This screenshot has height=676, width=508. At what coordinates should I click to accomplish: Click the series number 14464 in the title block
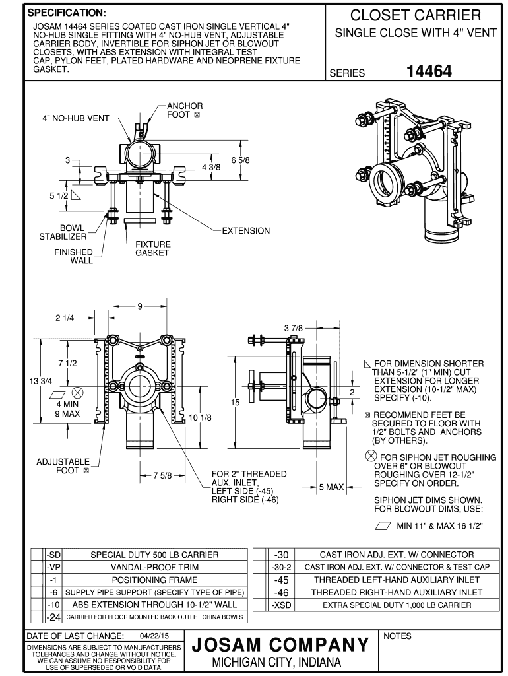429,71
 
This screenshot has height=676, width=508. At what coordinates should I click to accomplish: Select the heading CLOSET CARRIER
416,15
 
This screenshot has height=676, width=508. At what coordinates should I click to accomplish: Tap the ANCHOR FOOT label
184,110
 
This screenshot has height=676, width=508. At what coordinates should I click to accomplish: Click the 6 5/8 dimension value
241,160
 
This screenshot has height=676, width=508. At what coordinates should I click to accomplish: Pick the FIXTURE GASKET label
152,248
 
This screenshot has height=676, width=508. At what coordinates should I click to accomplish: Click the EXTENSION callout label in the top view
245,231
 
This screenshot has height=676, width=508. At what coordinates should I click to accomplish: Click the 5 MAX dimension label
332,487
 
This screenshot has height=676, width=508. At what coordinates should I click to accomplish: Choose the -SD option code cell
53,555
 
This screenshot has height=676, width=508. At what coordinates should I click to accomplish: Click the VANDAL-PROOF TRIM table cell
154,567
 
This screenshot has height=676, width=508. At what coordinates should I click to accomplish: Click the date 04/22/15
152,636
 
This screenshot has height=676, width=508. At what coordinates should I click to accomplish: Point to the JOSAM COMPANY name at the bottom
280,644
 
